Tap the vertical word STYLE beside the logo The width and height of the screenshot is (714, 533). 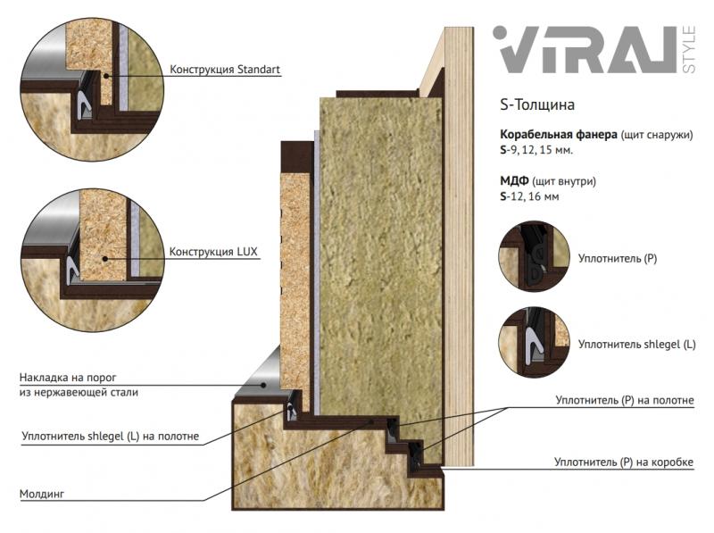689,50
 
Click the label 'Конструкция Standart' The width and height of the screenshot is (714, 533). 225,70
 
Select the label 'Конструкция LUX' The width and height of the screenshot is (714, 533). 213,252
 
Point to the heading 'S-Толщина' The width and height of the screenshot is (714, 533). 537,104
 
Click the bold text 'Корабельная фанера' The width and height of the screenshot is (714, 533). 559,135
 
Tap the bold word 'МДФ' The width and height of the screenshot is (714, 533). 514,181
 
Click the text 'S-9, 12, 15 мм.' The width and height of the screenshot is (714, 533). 536,150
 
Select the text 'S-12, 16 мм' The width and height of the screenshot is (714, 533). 529,196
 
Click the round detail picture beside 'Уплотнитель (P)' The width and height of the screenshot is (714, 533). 534,256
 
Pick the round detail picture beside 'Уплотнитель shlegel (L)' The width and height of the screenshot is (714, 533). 534,342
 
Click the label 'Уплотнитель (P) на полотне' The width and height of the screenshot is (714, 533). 624,400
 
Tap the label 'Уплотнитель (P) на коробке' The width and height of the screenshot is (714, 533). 623,462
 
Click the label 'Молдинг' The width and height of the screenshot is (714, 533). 42,494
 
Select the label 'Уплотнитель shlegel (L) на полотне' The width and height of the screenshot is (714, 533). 110,436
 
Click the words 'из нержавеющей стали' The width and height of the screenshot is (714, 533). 79,392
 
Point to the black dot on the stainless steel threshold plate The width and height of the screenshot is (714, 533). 263,385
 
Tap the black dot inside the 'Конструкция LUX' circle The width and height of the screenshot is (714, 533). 105,258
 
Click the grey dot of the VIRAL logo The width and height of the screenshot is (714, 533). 500,33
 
